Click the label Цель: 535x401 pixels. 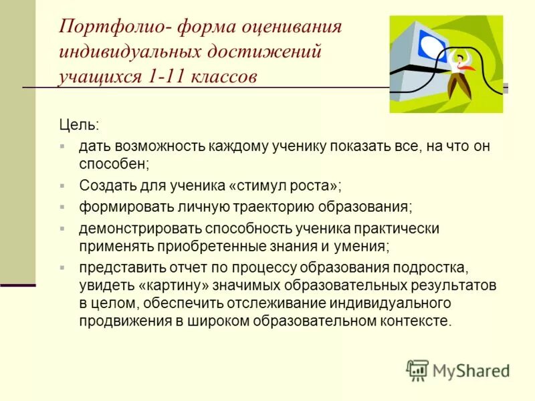tap(78, 125)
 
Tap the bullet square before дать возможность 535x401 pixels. tap(62, 145)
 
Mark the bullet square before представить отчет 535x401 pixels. tap(62, 267)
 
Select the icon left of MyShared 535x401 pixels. tap(417, 370)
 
